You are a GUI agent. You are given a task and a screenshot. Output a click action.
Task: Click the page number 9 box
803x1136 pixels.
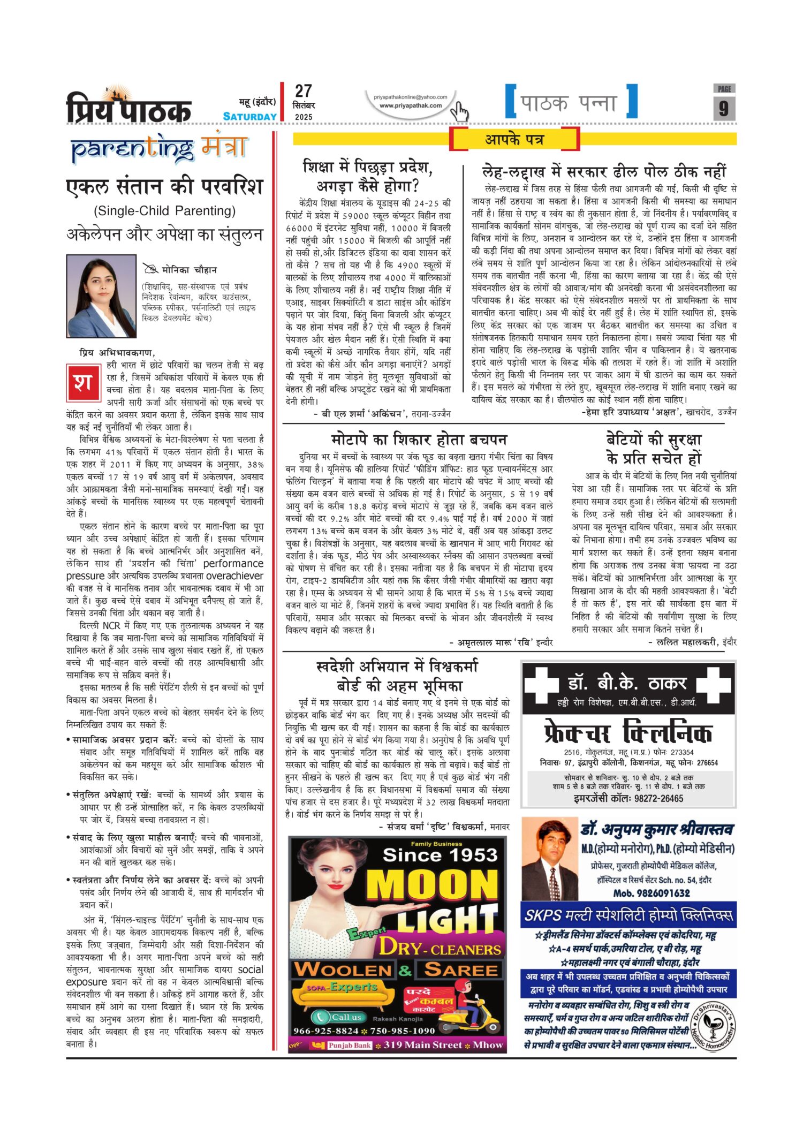pos(724,108)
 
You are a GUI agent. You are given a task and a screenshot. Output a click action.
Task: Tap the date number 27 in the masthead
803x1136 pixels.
pos(303,92)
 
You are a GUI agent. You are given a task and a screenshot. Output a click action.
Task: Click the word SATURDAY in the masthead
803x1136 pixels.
pos(250,117)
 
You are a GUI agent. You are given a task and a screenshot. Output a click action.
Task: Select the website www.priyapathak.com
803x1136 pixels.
pos(411,105)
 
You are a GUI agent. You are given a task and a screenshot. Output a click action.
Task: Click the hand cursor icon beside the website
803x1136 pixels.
pos(459,112)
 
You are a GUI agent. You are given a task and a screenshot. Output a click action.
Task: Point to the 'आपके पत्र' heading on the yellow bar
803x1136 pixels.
pos(514,140)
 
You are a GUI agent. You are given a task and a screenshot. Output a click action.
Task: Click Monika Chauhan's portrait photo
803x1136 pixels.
pos(101,296)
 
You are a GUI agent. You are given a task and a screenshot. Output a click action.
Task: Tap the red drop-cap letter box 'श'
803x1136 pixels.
pos(83,382)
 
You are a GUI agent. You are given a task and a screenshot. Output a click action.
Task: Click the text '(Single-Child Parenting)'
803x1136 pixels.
pos(164,211)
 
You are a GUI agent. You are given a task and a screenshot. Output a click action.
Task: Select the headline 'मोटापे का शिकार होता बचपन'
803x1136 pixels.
pos(419,440)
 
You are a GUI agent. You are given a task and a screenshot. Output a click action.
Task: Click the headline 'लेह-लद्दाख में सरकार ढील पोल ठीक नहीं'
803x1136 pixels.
pos(604,172)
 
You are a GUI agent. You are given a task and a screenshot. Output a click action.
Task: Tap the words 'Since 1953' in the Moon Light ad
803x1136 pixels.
pos(440,855)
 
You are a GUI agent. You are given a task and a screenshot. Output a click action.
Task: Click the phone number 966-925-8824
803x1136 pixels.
pos(325,1031)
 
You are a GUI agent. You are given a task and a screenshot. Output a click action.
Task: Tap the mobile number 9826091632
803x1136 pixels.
pos(652,893)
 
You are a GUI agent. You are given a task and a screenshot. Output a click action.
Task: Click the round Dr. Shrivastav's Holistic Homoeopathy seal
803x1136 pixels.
pos(713,1025)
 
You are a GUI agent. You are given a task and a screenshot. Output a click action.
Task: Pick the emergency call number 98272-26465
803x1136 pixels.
pos(628,798)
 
